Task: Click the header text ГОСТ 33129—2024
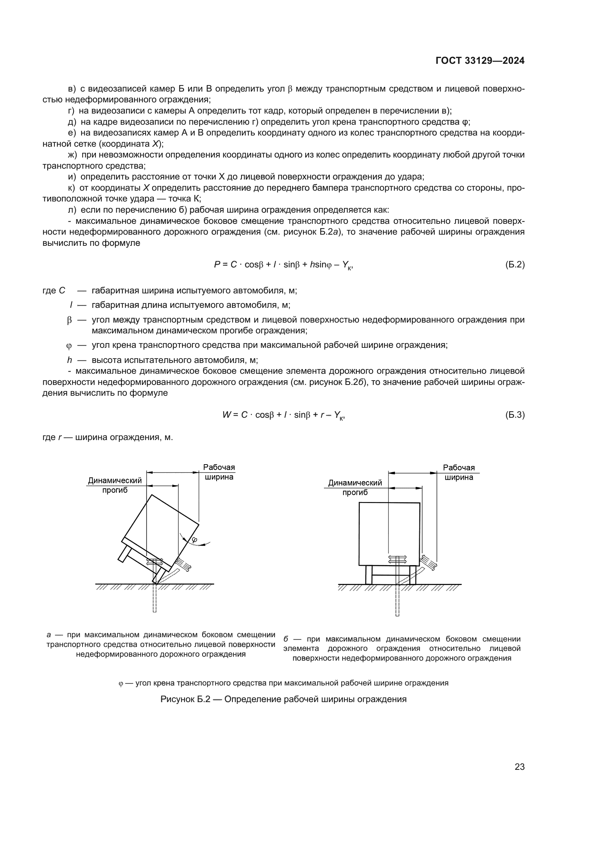(x=480, y=61)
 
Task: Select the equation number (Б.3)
(x=515, y=415)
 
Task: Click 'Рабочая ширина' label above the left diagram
(x=219, y=472)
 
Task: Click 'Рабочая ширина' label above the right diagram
(x=459, y=472)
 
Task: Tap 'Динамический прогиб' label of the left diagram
(x=115, y=485)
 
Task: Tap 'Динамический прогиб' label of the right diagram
(x=355, y=488)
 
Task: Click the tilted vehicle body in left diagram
(x=161, y=529)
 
